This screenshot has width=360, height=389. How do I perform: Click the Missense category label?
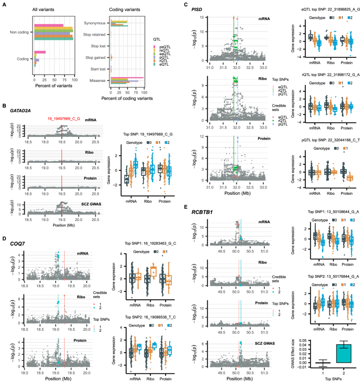coord(95,81)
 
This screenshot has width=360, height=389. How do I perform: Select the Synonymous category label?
coord(93,24)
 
